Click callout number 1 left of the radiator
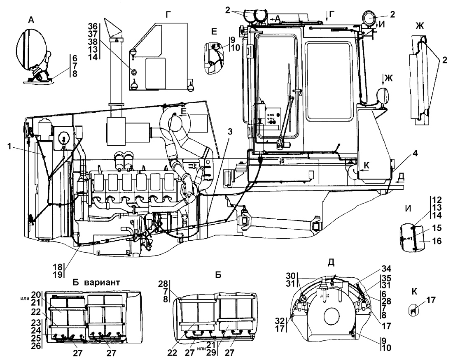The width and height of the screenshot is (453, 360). coord(9,147)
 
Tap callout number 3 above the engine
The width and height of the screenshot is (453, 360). coord(230,132)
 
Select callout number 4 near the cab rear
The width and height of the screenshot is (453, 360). coord(415,153)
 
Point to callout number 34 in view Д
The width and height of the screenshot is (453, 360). coord(386,269)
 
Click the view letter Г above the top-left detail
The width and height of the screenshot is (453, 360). coord(168,15)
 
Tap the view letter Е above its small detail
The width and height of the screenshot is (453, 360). coord(214,31)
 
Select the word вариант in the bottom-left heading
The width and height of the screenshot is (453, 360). coord(102,282)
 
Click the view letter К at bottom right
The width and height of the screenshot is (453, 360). coord(414,292)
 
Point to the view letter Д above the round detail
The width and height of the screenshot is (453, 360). coord(332,262)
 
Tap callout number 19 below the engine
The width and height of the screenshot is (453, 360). coord(58,274)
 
